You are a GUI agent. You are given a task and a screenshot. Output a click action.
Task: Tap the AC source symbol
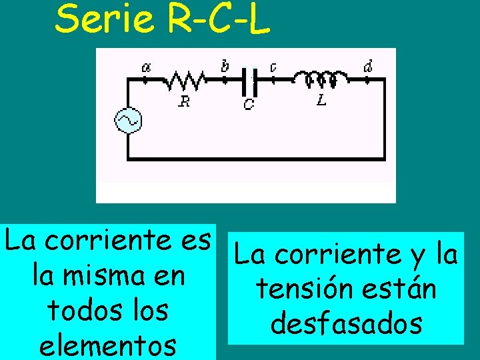point(127,120)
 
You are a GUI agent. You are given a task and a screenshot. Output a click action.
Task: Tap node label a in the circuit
point(146,67)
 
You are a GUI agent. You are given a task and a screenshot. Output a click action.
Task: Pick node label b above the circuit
point(225,65)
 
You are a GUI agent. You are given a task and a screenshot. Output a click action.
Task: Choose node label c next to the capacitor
point(273,67)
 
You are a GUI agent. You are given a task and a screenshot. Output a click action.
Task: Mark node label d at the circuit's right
point(368,66)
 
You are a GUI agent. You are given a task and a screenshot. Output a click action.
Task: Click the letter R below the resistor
point(184,101)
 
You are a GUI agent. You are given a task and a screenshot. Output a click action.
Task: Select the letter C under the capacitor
point(248,104)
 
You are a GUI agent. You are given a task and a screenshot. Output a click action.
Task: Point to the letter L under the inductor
point(321,101)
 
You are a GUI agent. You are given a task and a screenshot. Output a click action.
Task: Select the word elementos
point(109,345)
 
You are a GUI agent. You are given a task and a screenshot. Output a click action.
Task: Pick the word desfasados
point(346,324)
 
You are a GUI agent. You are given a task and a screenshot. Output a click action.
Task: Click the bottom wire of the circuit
point(256,159)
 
